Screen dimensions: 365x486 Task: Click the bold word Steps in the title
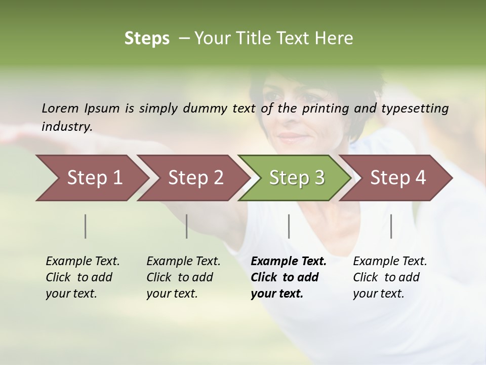(x=147, y=39)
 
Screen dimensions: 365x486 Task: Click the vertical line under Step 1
(x=86, y=226)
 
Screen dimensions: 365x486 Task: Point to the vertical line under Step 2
(x=187, y=226)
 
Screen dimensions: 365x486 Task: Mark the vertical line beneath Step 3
(x=289, y=226)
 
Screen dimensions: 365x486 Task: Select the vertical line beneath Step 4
(x=391, y=226)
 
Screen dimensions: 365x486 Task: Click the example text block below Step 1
(x=83, y=277)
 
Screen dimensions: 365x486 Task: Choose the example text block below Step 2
(x=183, y=277)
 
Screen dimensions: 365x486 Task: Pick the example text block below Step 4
(x=390, y=277)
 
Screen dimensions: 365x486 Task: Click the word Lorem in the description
(x=60, y=108)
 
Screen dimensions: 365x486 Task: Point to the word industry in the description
(x=66, y=126)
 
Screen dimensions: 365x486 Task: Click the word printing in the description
(x=327, y=108)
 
